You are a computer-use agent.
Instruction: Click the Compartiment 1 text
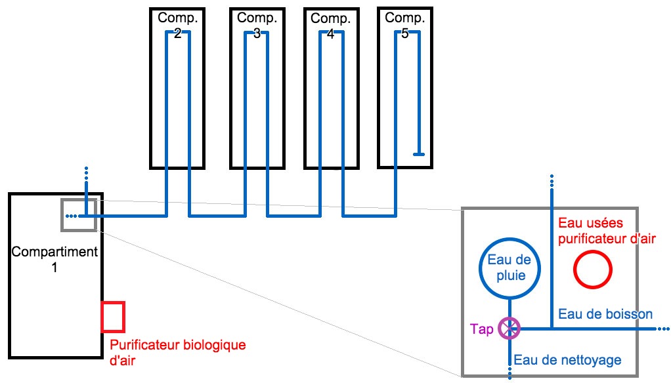55,259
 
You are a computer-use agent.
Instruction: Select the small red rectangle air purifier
113,316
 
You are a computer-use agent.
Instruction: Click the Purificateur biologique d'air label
177,351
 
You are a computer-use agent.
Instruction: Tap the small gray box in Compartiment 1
79,214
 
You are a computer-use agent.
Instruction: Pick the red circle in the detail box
593,270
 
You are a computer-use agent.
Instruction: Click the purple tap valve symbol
509,328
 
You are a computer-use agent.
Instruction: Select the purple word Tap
482,329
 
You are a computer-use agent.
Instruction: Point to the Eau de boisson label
605,314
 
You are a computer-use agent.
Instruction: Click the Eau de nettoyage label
567,359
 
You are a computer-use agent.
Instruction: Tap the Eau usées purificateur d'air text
606,231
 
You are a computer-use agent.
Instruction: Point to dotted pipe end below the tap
509,373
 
